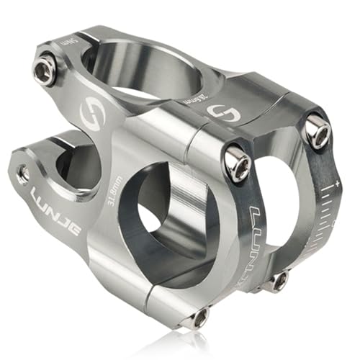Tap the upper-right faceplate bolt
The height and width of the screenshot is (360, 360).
pyautogui.click(x=316, y=130)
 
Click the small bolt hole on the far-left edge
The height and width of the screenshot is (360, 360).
pyautogui.click(x=23, y=173)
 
